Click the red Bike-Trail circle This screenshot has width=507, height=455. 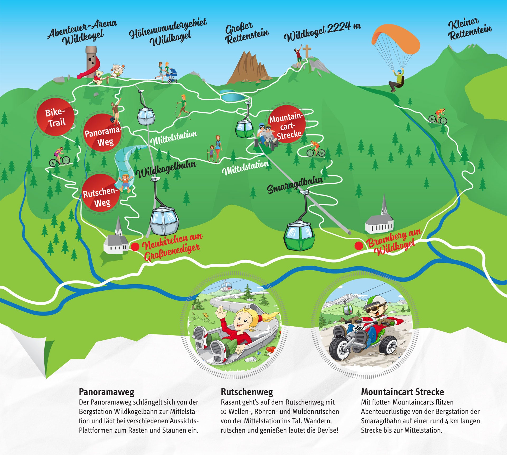55,117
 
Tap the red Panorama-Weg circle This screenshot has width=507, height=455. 102,133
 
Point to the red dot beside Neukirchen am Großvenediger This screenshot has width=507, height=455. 135,247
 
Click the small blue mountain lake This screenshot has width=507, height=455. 233,96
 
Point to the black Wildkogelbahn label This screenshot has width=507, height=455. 166,169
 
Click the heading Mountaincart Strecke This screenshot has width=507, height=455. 402,392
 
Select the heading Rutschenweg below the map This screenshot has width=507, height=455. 247,392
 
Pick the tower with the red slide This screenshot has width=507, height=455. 91,62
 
